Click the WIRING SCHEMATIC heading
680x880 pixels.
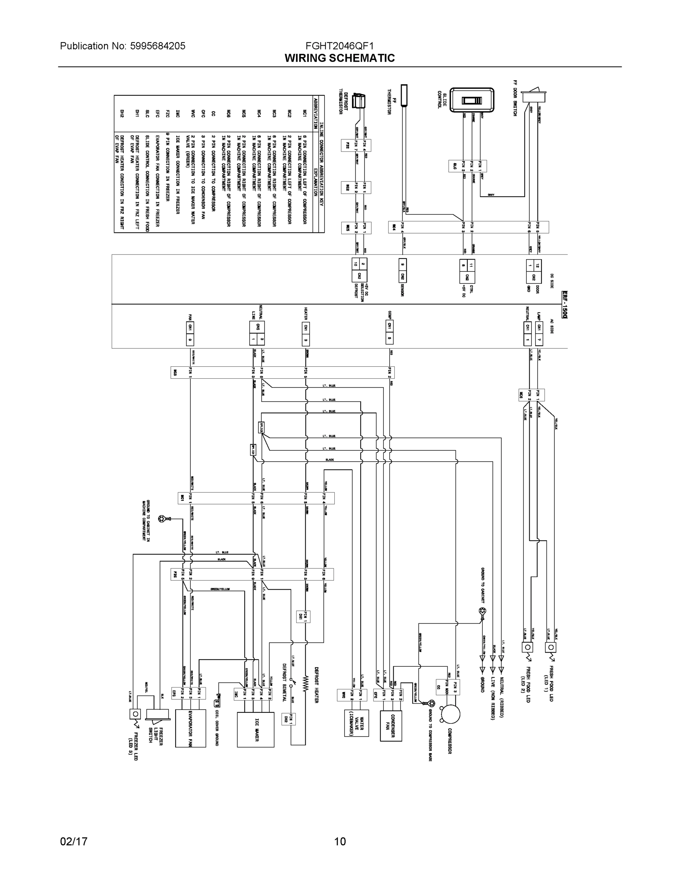(339, 58)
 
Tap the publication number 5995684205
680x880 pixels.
(158, 46)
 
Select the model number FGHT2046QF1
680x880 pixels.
(339, 46)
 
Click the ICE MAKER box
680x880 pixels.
(256, 730)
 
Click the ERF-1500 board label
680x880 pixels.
(565, 305)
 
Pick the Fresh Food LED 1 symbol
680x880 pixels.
(550, 648)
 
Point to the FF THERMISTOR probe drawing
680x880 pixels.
(404, 95)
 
